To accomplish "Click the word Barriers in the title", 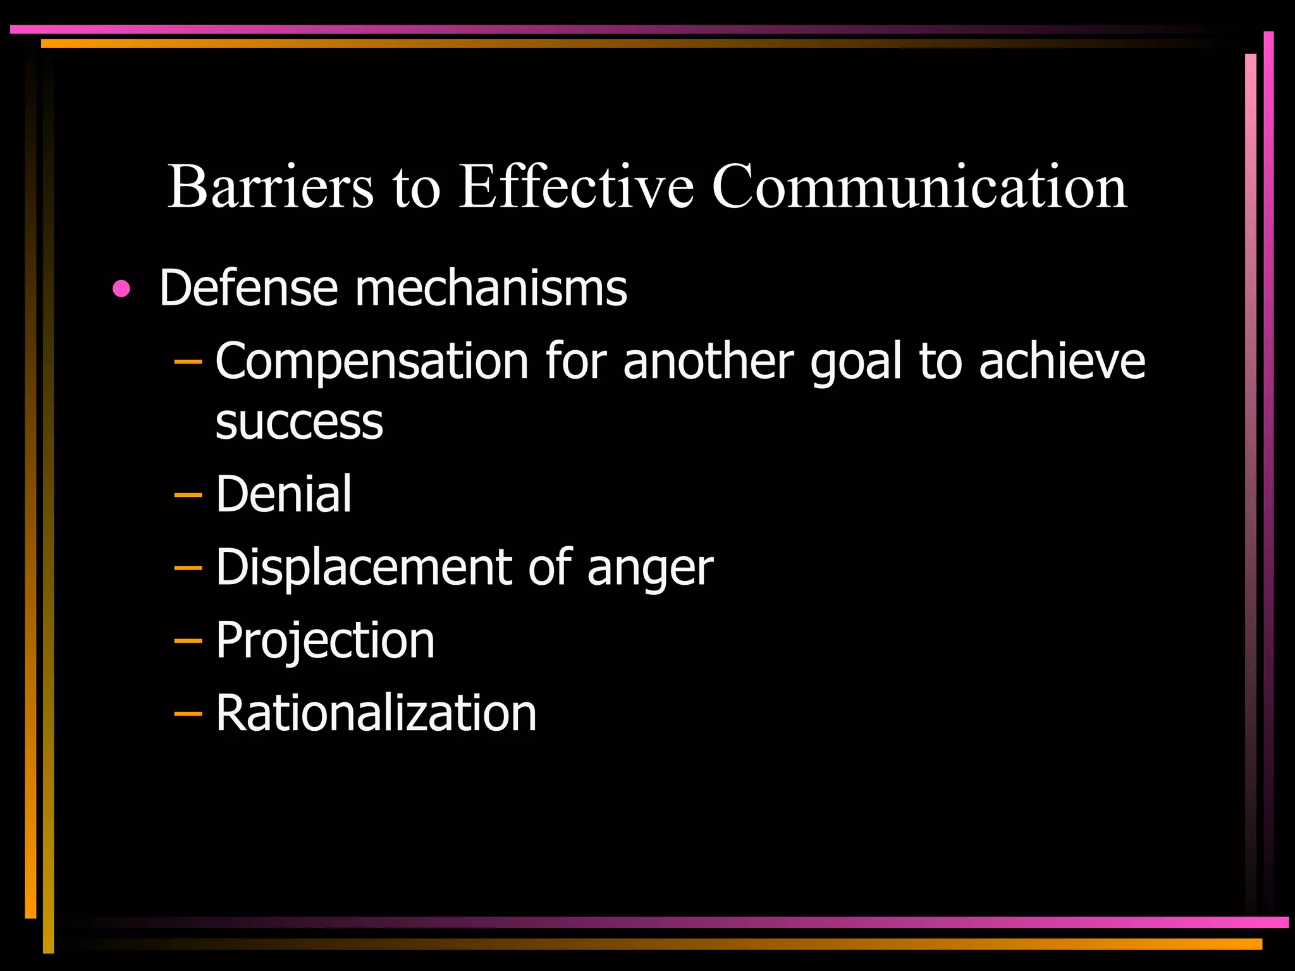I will [270, 186].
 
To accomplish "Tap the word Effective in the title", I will [576, 186].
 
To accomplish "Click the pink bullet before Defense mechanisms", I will [121, 290].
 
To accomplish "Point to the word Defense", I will [249, 288].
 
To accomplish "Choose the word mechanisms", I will [491, 288].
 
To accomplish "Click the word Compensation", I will [372, 361].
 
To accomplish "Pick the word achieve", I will [1062, 361].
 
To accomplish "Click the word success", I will [299, 422].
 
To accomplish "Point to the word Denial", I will [283, 494].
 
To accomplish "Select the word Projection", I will [325, 640].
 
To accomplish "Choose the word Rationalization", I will [376, 713].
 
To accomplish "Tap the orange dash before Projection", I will [187, 642].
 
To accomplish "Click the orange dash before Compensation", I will [187, 362].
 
